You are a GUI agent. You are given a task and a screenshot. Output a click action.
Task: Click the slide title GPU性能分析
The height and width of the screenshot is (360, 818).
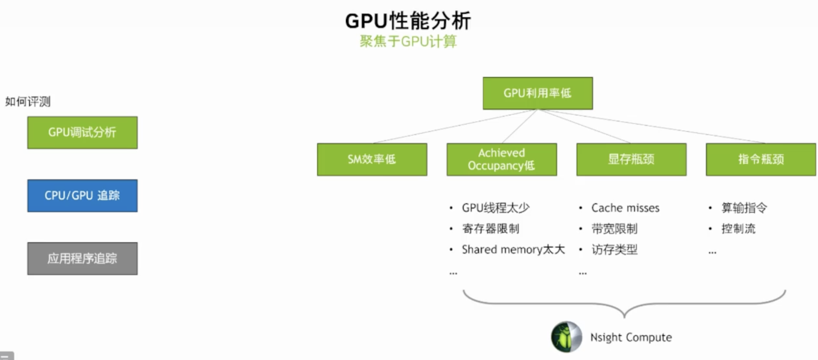[x=408, y=21]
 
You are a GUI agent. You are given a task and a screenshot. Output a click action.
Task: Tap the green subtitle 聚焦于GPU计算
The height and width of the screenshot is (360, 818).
[x=408, y=41]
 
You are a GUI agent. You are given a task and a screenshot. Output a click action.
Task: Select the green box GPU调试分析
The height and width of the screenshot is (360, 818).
[x=82, y=133]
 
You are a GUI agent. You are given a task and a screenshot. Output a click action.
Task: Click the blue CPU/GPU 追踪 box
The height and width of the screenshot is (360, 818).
[x=82, y=195]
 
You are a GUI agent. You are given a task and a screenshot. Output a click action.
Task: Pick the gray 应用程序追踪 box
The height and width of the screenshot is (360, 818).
[x=82, y=258]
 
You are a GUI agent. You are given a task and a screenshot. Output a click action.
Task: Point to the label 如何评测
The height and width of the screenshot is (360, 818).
[x=28, y=102]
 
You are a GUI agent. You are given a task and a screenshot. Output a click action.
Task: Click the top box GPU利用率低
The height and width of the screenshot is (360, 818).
[x=538, y=93]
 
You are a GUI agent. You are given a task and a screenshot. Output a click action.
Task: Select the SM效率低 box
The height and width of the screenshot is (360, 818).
[x=372, y=159]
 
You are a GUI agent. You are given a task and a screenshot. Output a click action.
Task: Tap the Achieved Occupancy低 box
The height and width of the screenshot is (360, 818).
[x=501, y=159]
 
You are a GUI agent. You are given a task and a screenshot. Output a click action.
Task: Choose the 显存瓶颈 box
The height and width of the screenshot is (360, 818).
[x=631, y=159]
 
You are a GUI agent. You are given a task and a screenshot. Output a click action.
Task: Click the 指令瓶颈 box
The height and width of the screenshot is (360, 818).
[x=761, y=159]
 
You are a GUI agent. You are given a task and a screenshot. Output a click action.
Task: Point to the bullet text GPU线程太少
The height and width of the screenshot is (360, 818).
[x=495, y=208]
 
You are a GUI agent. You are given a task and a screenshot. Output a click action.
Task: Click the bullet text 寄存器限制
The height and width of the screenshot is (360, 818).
[x=491, y=229]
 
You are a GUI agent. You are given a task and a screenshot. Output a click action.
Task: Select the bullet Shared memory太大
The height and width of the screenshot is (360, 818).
[x=513, y=249]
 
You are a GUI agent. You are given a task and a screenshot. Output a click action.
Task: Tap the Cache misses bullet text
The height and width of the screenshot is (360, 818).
[x=625, y=208]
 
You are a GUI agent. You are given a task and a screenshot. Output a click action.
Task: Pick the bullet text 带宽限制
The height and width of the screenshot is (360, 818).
[x=614, y=229]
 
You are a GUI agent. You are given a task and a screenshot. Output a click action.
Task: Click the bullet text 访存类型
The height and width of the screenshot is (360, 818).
[x=614, y=249]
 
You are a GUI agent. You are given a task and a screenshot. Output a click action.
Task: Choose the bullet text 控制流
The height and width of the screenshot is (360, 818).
[x=738, y=229]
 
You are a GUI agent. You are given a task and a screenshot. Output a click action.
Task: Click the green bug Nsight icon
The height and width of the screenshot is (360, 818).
[x=566, y=337]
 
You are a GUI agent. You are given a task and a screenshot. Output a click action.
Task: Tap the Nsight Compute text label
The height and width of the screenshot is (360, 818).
[x=631, y=337]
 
